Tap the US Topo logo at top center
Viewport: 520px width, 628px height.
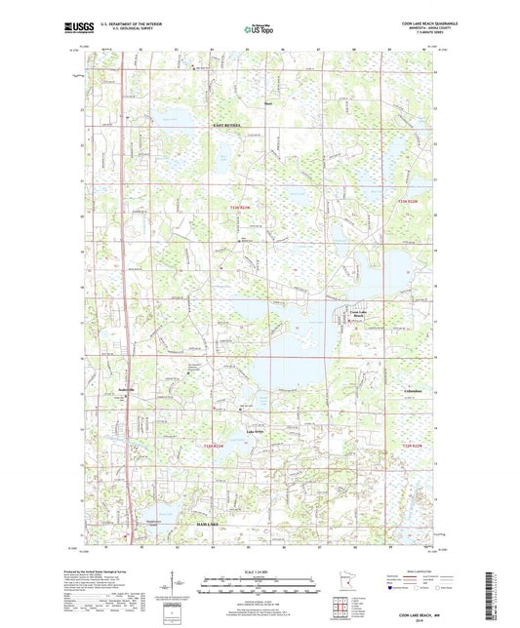pyautogui.click(x=258, y=30)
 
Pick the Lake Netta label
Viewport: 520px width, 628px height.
pyautogui.click(x=256, y=431)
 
